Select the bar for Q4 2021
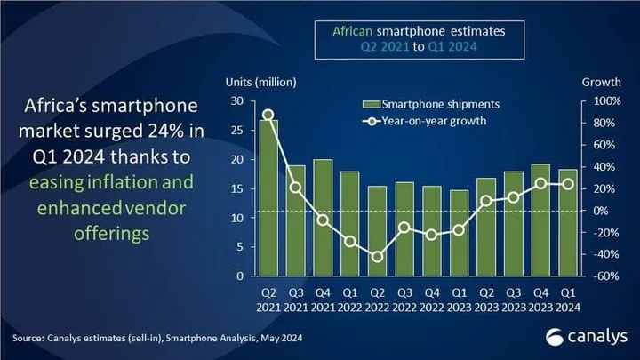(324, 218)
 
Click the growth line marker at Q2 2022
(379, 257)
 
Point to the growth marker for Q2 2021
(268, 115)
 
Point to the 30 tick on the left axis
(237, 101)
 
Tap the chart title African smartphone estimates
(419, 29)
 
